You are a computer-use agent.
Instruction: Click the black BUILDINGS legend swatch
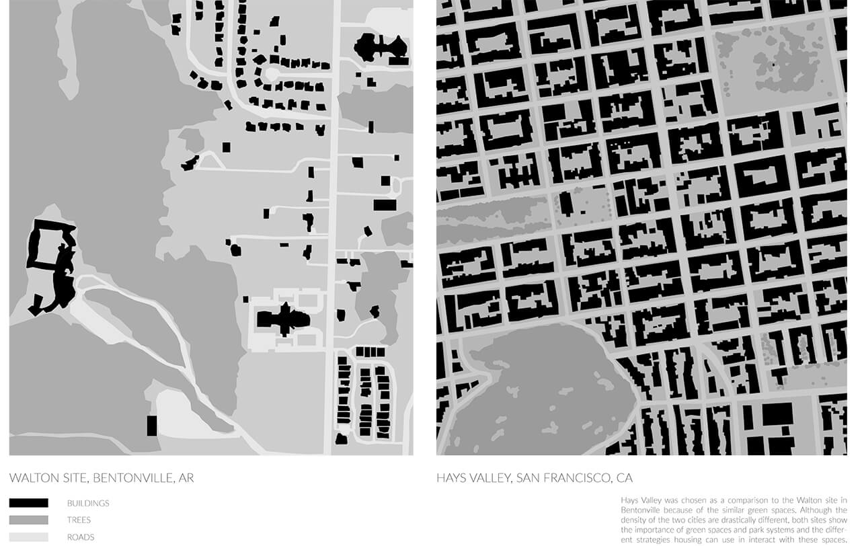[29, 503]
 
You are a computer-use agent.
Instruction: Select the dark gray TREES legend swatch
[29, 520]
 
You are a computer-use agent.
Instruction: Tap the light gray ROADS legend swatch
[29, 537]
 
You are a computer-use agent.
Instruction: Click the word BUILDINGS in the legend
[88, 503]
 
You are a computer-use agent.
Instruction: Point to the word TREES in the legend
[79, 520]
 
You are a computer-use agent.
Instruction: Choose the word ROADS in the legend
[81, 537]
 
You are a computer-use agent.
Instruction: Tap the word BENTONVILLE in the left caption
[132, 479]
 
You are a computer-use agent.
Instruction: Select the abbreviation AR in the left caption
[186, 479]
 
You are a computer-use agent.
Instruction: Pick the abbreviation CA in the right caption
[625, 479]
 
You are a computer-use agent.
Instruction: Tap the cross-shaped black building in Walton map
[284, 319]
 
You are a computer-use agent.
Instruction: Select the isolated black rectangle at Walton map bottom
[152, 426]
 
